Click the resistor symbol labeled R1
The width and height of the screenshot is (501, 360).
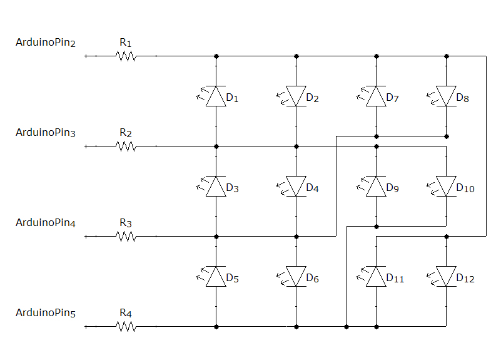(x=126, y=56)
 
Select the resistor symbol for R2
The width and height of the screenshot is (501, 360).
(x=126, y=147)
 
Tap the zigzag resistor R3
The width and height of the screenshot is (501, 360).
(x=126, y=237)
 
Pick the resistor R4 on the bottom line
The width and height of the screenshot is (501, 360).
(x=126, y=327)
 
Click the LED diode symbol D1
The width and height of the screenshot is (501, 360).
(x=216, y=96)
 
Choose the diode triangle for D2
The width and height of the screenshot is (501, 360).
(x=296, y=96)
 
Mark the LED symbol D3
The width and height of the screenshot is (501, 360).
(x=216, y=187)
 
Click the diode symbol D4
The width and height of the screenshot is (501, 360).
(x=296, y=187)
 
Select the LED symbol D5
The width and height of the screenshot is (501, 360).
(x=216, y=277)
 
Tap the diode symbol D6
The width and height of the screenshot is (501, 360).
(x=296, y=277)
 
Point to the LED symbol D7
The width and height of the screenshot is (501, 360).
(x=376, y=96)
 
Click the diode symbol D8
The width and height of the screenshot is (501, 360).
(x=446, y=96)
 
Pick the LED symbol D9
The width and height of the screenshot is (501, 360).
(x=376, y=187)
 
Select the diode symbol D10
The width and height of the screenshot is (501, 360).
(x=446, y=187)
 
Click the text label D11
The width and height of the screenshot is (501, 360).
(x=395, y=279)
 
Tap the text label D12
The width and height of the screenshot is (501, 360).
(x=466, y=279)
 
